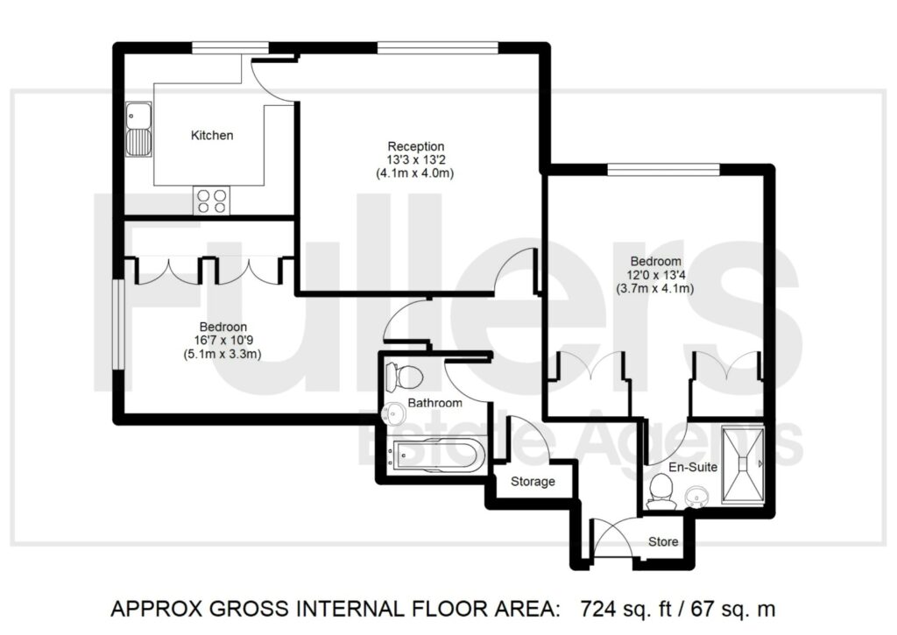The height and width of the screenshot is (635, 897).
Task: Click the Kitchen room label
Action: (x=212, y=136)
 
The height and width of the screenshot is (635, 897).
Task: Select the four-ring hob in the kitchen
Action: (x=211, y=201)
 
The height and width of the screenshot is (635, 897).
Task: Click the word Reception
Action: (x=417, y=146)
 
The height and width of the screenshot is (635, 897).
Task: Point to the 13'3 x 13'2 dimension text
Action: (x=417, y=160)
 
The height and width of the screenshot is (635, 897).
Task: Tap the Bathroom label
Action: (x=435, y=403)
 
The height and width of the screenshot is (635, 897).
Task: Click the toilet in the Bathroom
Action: (x=405, y=377)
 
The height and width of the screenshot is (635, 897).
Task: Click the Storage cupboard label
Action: (x=533, y=482)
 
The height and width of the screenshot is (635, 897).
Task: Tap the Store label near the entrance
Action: (x=663, y=542)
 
